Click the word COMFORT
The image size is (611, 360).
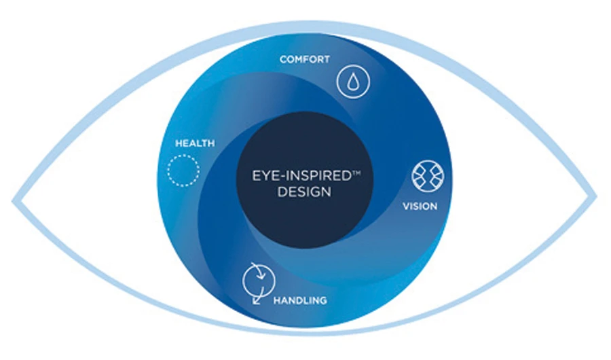click(305, 59)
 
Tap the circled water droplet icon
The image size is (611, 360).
click(354, 82)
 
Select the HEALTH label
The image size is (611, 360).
click(195, 143)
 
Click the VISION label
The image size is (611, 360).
click(420, 206)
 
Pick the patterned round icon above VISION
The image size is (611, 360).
click(428, 176)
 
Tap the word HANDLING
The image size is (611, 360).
click(300, 300)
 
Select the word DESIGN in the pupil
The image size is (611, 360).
click(304, 192)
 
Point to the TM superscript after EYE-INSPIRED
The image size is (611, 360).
click(356, 173)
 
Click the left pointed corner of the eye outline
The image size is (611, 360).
click(14, 201)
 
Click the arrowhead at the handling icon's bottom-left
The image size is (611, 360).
click(256, 301)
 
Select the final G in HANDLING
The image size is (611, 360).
click(322, 300)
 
